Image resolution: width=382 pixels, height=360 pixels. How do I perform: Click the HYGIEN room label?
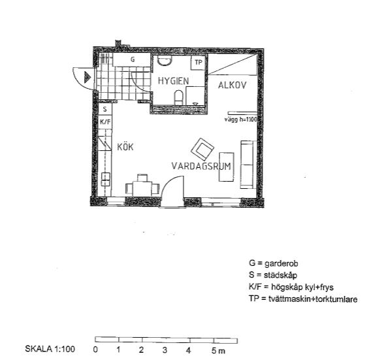(173, 81)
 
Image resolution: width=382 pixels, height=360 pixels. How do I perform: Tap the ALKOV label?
(232, 86)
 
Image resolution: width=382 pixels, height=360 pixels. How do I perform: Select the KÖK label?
(125, 147)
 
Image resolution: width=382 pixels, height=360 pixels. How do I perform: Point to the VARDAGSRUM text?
(201, 166)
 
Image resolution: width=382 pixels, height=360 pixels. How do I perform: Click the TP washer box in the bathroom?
(199, 63)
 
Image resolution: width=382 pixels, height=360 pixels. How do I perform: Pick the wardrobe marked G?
(132, 59)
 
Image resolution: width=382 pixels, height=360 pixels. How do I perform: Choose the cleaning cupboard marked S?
(105, 109)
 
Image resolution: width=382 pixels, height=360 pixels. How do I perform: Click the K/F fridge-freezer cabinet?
(105, 122)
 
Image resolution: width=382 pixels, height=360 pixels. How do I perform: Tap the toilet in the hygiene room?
(178, 97)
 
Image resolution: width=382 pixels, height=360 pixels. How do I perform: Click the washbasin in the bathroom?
(165, 60)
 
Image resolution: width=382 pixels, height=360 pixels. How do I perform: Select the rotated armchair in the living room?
(202, 149)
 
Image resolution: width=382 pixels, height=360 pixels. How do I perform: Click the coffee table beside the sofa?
(227, 167)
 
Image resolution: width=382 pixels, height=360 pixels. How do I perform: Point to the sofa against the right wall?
(247, 165)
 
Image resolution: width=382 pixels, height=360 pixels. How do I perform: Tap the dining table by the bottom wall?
(142, 188)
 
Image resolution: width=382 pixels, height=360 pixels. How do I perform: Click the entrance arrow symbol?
(88, 78)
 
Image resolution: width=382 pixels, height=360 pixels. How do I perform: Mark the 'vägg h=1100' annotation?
(240, 120)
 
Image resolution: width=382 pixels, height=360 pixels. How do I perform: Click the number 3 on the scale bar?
(165, 350)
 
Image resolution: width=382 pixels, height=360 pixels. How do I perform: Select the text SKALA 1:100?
(50, 349)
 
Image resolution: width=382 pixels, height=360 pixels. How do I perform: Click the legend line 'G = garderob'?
(274, 263)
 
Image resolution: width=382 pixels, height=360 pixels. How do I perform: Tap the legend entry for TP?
(303, 299)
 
